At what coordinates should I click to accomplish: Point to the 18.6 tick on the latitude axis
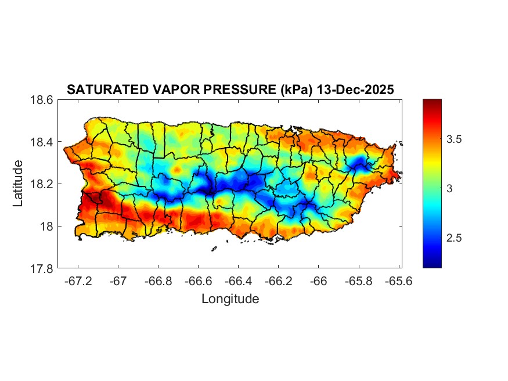tap(42, 100)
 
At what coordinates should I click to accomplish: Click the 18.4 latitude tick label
tap(42, 142)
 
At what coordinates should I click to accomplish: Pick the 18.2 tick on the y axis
tap(42, 184)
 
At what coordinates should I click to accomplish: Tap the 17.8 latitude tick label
tap(42, 268)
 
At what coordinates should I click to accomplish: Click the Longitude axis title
tap(230, 299)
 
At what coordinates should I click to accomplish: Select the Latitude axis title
tap(19, 183)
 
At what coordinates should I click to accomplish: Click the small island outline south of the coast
tap(214, 249)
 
